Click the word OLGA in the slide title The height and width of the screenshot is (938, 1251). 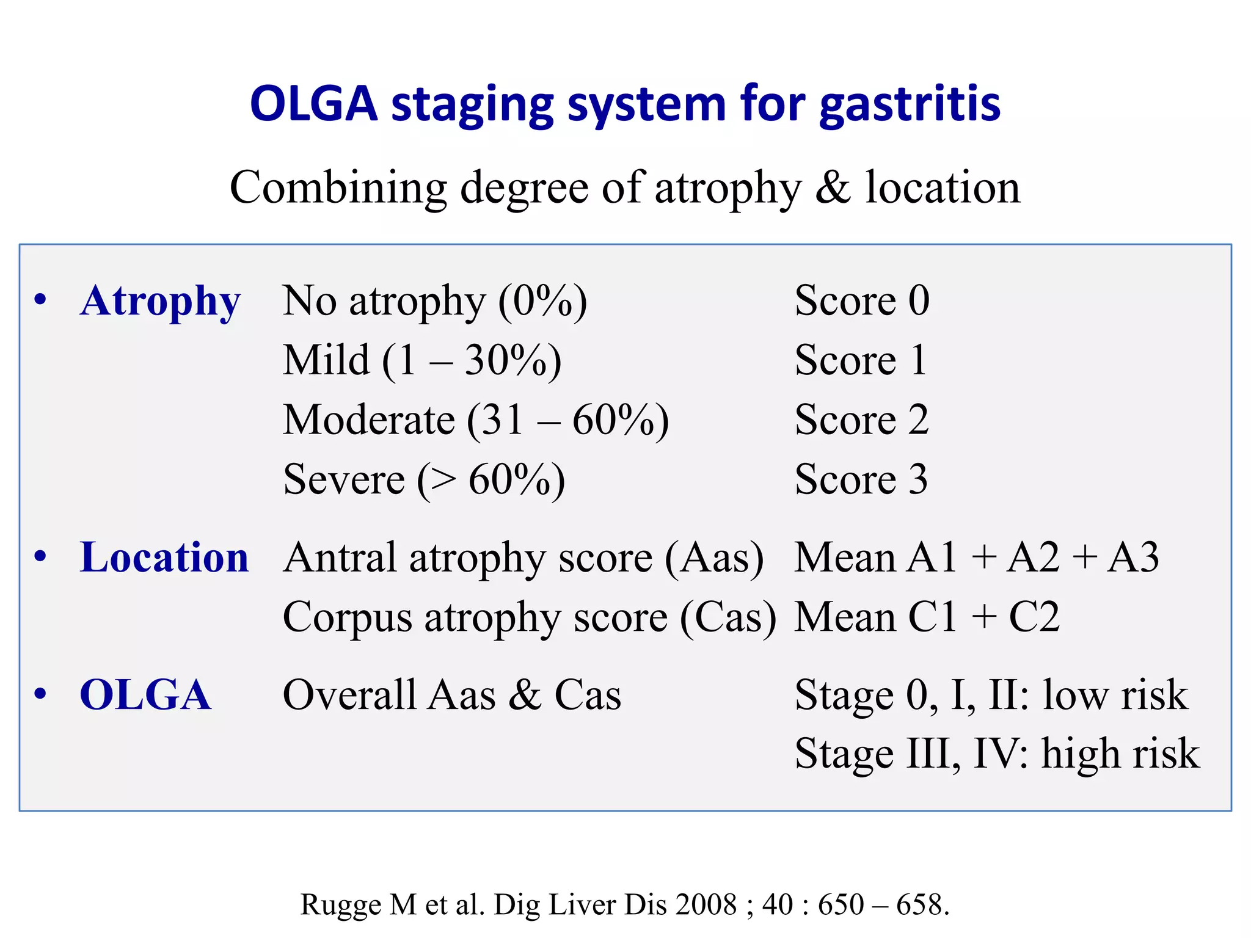click(314, 104)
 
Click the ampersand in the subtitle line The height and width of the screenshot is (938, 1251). click(833, 187)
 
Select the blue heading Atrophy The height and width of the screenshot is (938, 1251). click(161, 302)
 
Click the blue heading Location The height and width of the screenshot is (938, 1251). click(164, 558)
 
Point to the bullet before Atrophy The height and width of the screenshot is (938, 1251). click(41, 300)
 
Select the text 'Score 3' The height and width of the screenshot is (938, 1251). click(861, 479)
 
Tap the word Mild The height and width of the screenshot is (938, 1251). click(326, 360)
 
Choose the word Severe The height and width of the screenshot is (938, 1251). click(344, 479)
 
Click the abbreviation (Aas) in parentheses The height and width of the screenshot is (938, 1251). click(714, 558)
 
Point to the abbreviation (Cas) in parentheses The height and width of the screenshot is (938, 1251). click(728, 617)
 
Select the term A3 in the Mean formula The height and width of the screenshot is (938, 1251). click(1133, 558)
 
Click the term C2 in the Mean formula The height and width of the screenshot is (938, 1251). click(1034, 617)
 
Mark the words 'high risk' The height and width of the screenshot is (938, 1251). click(1120, 754)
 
